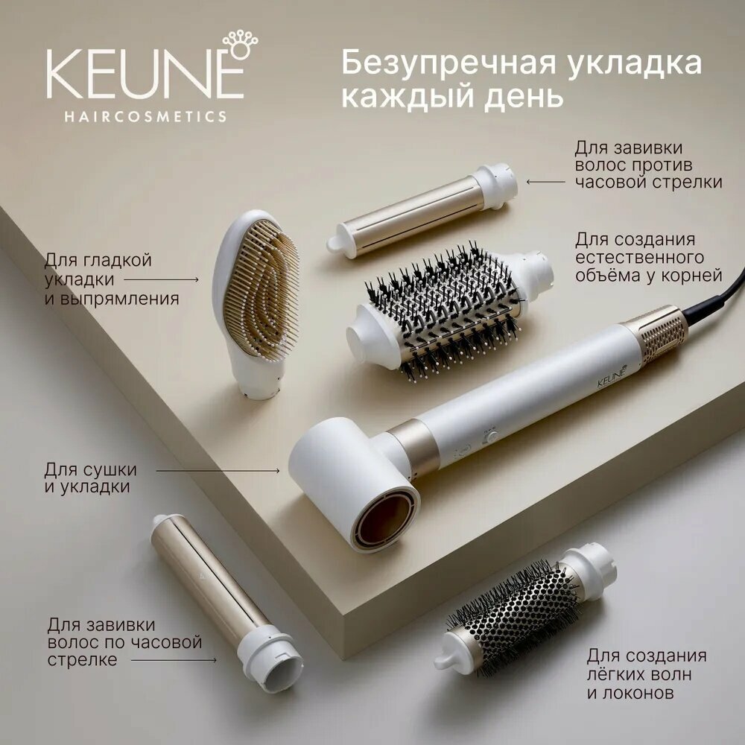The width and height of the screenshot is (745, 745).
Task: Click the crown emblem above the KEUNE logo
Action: pos(241,45)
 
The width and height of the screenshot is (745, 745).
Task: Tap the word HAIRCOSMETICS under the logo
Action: pos(145,116)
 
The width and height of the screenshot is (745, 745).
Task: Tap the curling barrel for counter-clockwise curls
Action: pos(422,211)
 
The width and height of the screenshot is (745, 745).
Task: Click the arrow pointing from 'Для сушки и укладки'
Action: pos(218,471)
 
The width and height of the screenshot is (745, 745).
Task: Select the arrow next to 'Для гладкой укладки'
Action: pos(162,280)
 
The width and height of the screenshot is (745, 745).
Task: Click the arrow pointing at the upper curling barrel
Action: pos(546,182)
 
